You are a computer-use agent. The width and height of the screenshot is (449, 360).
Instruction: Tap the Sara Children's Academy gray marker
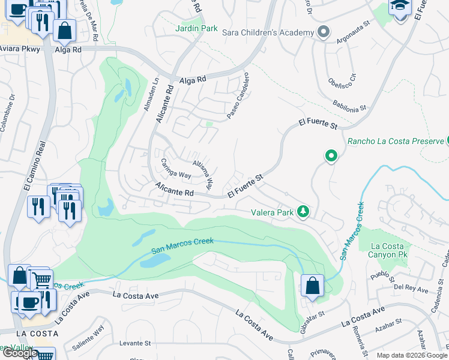[x=324, y=32]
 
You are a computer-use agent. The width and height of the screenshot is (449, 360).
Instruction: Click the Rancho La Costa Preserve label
[x=395, y=141]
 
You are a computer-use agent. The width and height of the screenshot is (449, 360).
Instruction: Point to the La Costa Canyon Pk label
[x=391, y=250]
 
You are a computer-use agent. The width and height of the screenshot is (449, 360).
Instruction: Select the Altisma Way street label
[x=202, y=173]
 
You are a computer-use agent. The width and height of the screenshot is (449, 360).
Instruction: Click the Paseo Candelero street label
[x=237, y=95]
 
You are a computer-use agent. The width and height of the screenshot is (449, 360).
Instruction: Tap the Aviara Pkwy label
[x=19, y=49]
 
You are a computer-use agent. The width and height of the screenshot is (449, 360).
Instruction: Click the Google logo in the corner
[x=19, y=353]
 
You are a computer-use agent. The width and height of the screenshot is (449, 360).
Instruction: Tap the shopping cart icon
[x=41, y=280]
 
